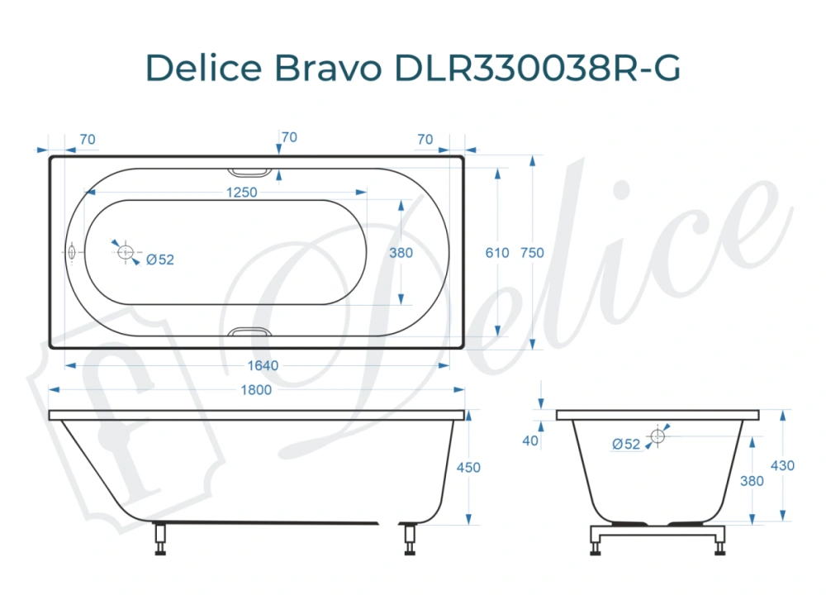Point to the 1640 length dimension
pyautogui.click(x=263, y=365)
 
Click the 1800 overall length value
pyautogui.click(x=256, y=390)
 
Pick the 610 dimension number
pyautogui.click(x=497, y=254)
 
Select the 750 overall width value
pyautogui.click(x=533, y=254)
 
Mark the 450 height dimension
pyautogui.click(x=468, y=468)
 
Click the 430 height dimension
pyautogui.click(x=782, y=466)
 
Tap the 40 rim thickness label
pyautogui.click(x=530, y=440)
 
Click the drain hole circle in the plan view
pyautogui.click(x=126, y=252)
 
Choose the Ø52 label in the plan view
pyautogui.click(x=160, y=260)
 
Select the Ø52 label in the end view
pyautogui.click(x=627, y=444)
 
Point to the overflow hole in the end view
pyautogui.click(x=657, y=436)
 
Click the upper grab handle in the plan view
pyautogui.click(x=249, y=173)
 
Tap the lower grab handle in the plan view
pyautogui.click(x=249, y=331)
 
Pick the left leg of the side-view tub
pyautogui.click(x=160, y=539)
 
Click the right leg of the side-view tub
pyautogui.click(x=409, y=539)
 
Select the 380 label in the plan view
pyautogui.click(x=401, y=254)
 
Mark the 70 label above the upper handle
pyautogui.click(x=289, y=137)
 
